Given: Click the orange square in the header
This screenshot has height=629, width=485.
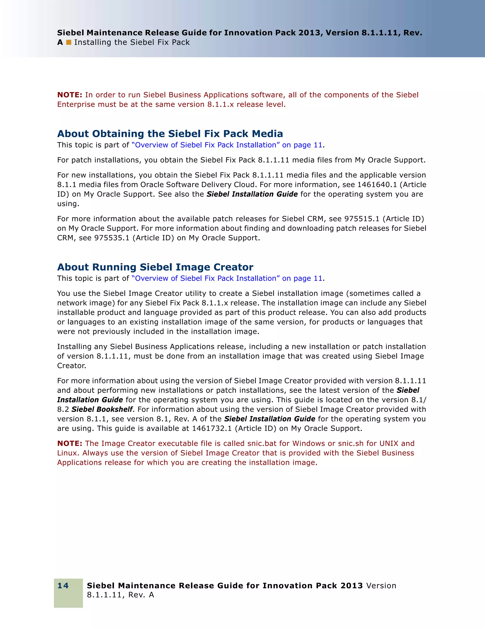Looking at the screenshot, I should click(68, 42).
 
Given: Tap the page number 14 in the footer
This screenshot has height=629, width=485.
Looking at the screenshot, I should click(63, 585).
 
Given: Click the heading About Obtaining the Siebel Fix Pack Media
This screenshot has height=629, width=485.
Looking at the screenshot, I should click(170, 134).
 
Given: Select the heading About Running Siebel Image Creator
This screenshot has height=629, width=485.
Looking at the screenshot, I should click(155, 267).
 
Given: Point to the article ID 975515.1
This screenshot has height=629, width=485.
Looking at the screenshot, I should click(362, 219).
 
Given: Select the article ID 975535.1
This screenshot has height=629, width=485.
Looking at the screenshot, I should click(112, 238).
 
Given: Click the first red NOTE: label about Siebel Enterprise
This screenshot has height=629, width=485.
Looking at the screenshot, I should click(70, 95).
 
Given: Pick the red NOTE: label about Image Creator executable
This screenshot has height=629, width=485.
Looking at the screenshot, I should click(70, 443).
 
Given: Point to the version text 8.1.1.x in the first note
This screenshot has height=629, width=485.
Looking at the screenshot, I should click(220, 104).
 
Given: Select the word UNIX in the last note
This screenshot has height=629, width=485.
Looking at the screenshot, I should click(389, 443).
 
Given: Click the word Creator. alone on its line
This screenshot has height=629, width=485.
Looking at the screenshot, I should click(71, 366).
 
